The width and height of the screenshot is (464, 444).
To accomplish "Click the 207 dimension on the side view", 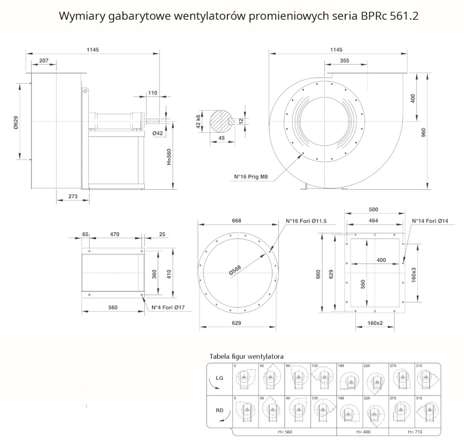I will pos(44,61).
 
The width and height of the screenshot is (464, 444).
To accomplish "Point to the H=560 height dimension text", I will pos(169,156).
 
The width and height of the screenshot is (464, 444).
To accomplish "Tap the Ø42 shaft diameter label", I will pos(158,134).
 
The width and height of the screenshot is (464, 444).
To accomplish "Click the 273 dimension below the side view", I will pos(73,196).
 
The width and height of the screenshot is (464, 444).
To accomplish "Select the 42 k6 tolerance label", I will pos(199,121).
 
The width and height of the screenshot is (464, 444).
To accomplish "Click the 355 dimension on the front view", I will pos(344,61).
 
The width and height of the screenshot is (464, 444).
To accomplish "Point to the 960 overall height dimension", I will pos(423,132).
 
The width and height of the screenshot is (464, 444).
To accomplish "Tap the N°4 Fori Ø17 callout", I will pos(169,307).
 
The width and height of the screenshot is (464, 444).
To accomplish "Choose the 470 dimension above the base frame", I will pos(115,234).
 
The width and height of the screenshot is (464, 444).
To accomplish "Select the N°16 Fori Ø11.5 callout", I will pos(306,221).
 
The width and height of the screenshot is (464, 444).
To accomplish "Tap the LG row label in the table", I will pos(219,378).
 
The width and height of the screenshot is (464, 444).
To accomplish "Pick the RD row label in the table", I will pos(219,410).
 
